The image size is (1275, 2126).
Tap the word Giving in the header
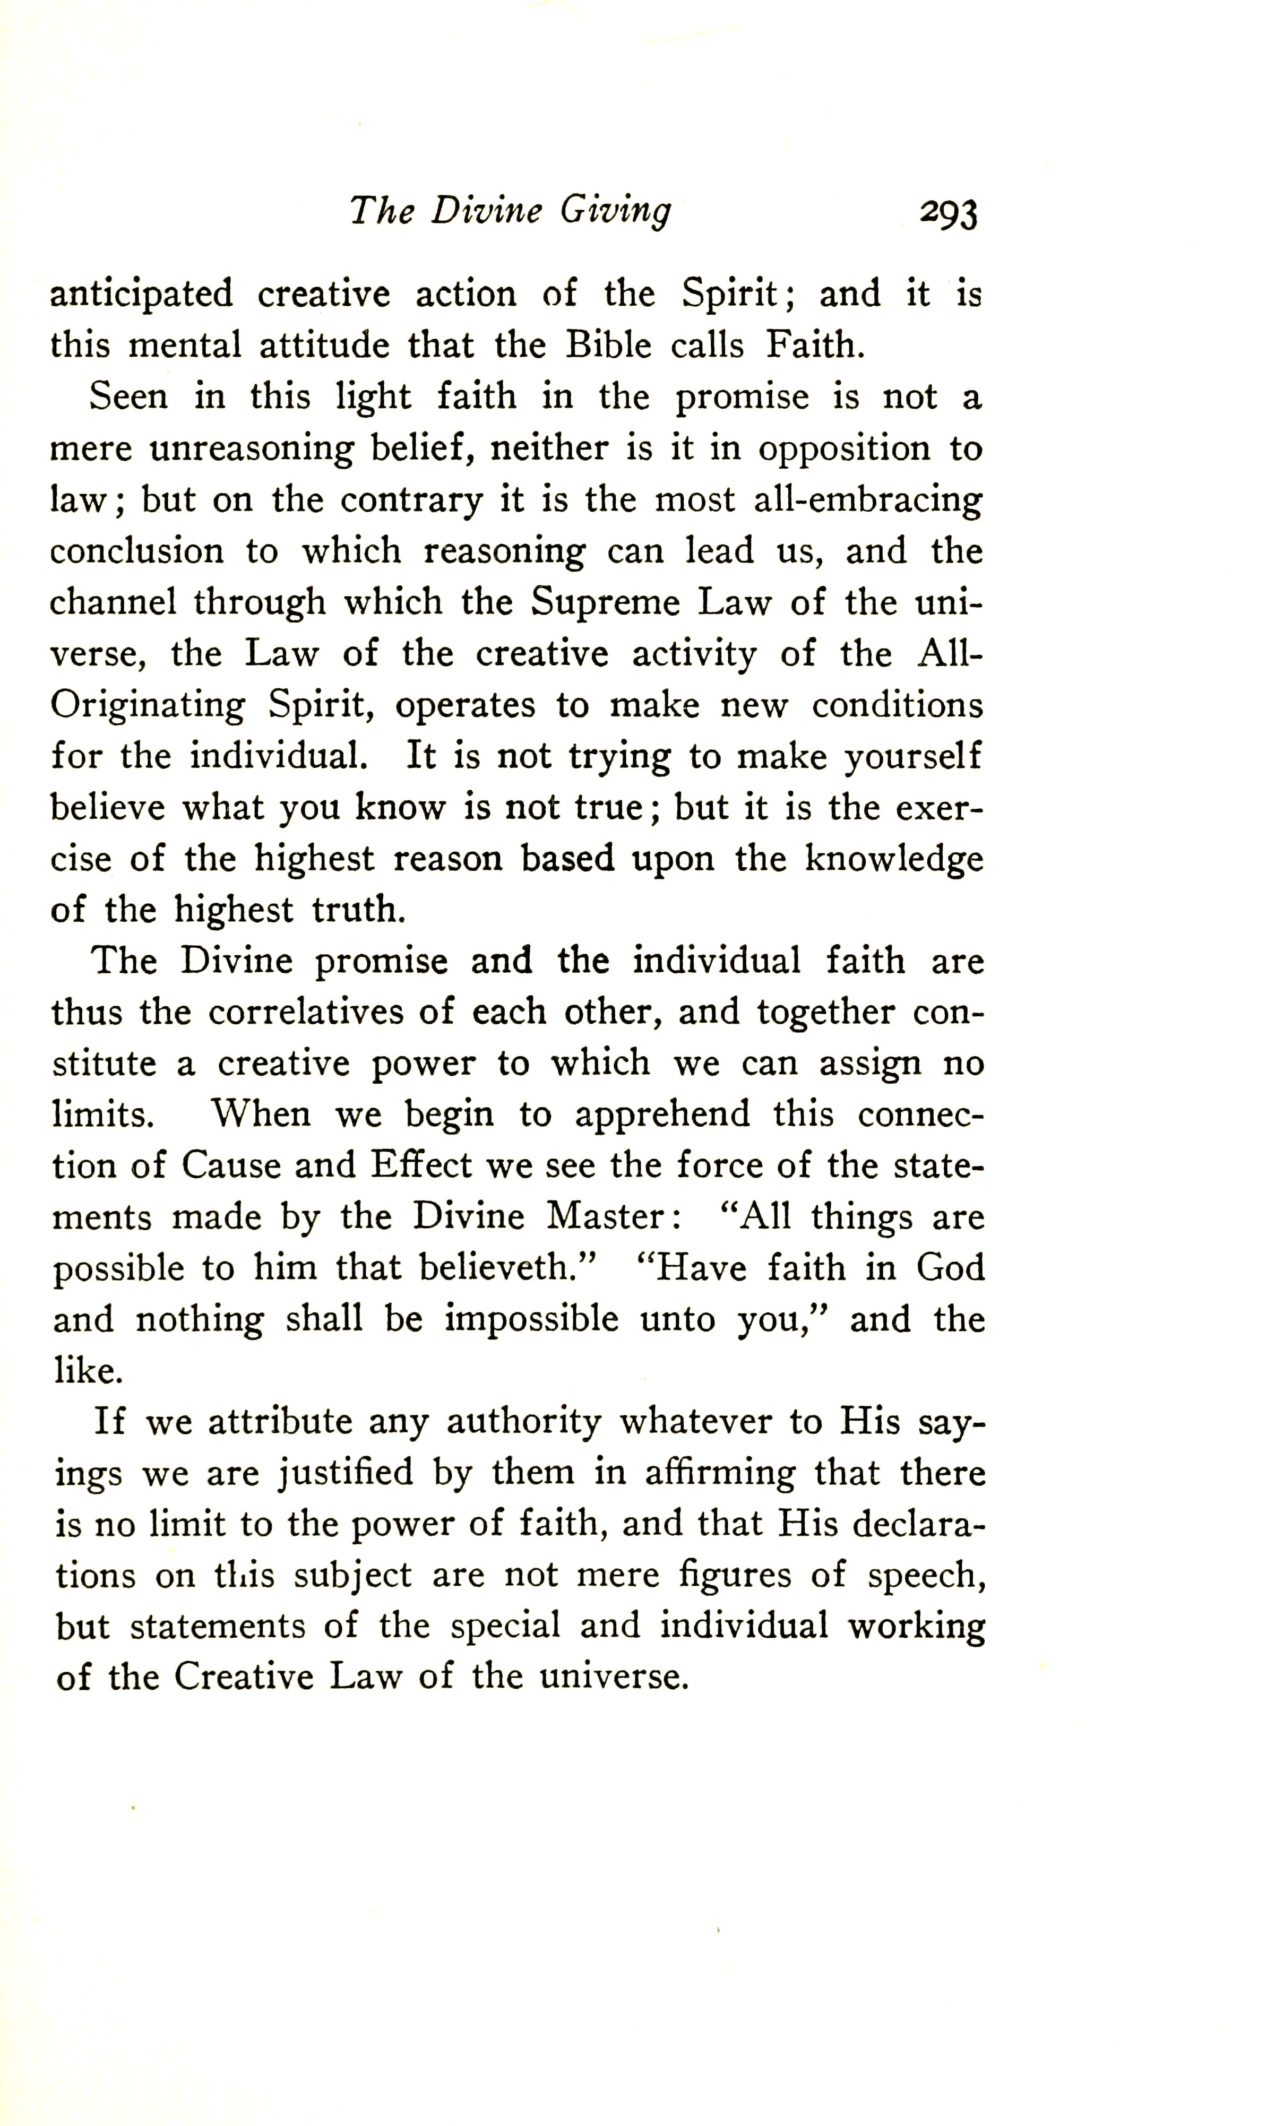click(615, 211)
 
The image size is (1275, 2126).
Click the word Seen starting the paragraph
click(129, 397)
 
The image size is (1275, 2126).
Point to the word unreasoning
click(251, 450)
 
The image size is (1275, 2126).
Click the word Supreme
click(605, 603)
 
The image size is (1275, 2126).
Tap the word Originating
click(148, 706)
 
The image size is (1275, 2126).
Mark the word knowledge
click(893, 860)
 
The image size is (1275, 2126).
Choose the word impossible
click(531, 1319)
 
